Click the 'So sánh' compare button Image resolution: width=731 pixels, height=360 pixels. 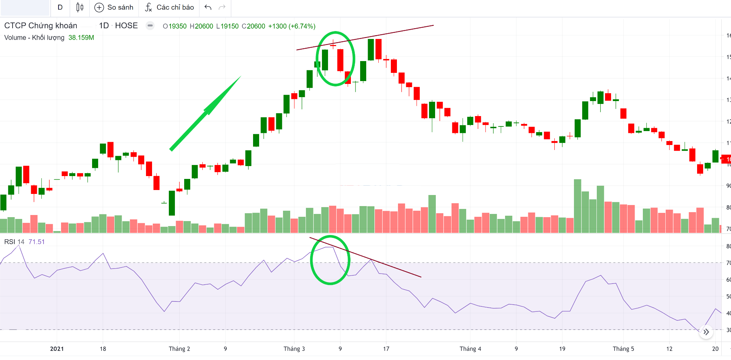[x=114, y=7]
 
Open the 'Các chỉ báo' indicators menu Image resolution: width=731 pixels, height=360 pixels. [x=170, y=7]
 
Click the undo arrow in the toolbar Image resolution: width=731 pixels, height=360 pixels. [x=208, y=7]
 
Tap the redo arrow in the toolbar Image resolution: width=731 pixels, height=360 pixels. [x=222, y=7]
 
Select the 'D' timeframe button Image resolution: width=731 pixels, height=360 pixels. [x=60, y=7]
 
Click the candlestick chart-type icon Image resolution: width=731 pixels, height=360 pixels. [x=80, y=7]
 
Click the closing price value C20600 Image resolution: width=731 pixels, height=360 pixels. [x=253, y=26]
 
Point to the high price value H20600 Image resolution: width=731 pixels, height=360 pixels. [x=201, y=26]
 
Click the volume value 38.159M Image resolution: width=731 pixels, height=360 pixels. [x=81, y=38]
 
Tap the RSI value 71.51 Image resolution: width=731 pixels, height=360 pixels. [x=36, y=242]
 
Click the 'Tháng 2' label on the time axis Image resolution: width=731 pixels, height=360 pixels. [x=179, y=349]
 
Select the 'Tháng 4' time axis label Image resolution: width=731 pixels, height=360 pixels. [x=470, y=349]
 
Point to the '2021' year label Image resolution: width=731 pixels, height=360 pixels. [x=57, y=349]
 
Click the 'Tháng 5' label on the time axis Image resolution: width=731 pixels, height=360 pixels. [x=623, y=349]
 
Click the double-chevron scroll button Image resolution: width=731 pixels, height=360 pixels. [x=706, y=332]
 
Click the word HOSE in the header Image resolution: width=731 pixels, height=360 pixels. [x=126, y=26]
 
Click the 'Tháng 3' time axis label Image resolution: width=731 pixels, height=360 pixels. [x=294, y=349]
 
